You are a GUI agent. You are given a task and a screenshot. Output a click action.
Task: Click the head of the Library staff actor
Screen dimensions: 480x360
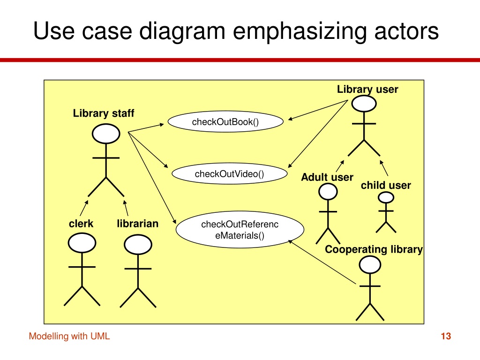(106, 134)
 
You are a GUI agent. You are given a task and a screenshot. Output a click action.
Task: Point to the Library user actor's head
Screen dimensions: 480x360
(364, 104)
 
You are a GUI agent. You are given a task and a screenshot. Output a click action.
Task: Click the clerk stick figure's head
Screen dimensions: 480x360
(82, 243)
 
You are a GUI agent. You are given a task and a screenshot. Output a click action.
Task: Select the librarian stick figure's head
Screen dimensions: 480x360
(138, 245)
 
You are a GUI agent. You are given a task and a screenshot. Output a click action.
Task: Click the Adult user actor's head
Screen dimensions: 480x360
(328, 192)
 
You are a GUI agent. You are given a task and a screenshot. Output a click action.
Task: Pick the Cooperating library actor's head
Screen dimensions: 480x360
(370, 264)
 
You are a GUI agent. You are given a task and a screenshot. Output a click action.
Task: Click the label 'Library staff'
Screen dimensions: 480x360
(104, 113)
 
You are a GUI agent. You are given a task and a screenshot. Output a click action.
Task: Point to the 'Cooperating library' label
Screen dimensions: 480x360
(374, 249)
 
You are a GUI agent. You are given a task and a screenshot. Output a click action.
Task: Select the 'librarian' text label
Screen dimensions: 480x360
(138, 224)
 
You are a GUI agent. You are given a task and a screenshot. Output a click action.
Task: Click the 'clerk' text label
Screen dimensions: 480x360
(81, 224)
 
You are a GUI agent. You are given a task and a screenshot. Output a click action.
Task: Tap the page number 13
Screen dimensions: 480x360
(446, 336)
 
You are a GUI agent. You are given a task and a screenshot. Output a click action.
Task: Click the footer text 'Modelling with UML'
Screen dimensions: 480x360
(69, 336)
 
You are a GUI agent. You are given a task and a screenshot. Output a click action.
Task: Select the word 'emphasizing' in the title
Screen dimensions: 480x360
(300, 31)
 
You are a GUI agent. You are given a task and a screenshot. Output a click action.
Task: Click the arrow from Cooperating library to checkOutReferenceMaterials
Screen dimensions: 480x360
(322, 262)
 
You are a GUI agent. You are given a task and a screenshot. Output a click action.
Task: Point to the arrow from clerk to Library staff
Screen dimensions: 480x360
(84, 208)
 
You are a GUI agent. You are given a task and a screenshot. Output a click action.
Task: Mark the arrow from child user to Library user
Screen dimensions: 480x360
(384, 168)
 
